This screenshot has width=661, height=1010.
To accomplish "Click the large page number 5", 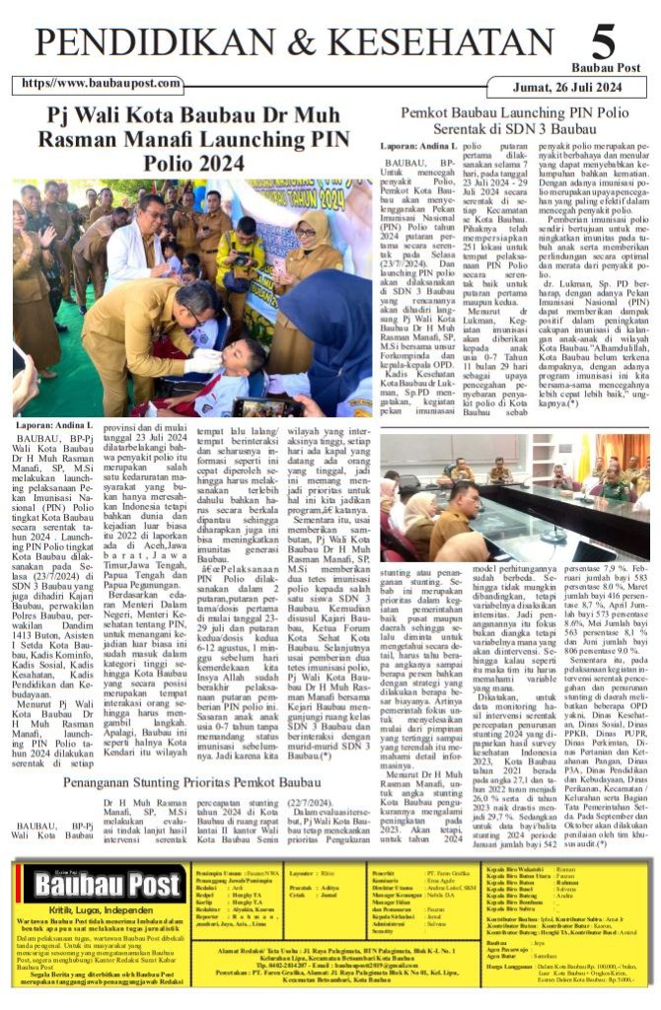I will click(603, 43).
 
